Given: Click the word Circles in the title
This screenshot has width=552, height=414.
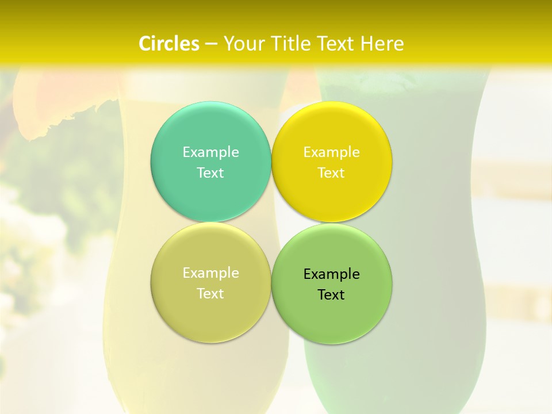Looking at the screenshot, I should pyautogui.click(x=168, y=44).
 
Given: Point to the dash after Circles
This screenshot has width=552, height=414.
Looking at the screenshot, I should pyautogui.click(x=211, y=44).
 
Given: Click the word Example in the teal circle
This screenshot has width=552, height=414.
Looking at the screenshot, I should pyautogui.click(x=210, y=152).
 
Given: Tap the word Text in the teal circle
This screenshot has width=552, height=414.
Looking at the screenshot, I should pyautogui.click(x=210, y=172).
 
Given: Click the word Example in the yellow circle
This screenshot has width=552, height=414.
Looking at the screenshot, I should pyautogui.click(x=332, y=152).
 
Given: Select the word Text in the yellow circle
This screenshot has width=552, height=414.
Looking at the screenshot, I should pyautogui.click(x=332, y=172).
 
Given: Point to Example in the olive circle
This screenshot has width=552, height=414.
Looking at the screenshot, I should pyautogui.click(x=210, y=273).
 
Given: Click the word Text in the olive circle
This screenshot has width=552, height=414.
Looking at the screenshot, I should pyautogui.click(x=210, y=293).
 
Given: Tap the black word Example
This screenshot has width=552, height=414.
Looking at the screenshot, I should pyautogui.click(x=332, y=274).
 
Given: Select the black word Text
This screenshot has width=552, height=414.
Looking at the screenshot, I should pyautogui.click(x=332, y=294).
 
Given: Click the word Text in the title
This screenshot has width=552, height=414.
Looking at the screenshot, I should pyautogui.click(x=338, y=44).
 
